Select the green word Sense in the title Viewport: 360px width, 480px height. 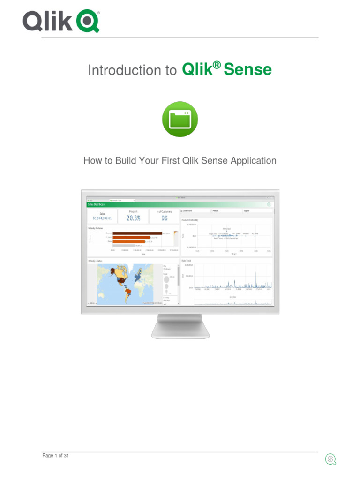tap(247, 70)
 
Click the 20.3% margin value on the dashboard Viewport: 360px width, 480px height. tap(133, 218)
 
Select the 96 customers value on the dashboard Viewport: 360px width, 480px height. tap(164, 218)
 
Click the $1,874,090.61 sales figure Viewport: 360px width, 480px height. tap(102, 218)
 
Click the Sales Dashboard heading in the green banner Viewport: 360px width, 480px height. tap(97, 204)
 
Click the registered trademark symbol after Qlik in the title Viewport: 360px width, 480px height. tap(217, 65)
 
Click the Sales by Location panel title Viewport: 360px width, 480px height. tap(96, 261)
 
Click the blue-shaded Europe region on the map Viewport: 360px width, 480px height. tap(138, 277)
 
